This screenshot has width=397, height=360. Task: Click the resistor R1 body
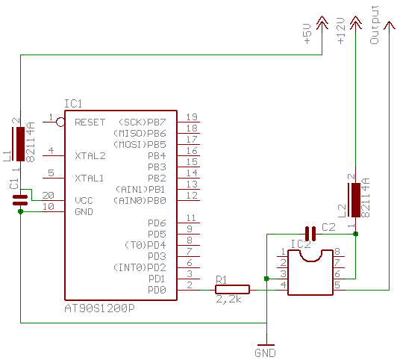pos(232,290)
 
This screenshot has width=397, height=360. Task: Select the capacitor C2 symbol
pos(310,234)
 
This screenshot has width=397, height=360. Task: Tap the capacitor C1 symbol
pos(20,200)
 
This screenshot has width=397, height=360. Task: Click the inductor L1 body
pos(20,144)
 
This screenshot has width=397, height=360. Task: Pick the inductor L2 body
pos(356,200)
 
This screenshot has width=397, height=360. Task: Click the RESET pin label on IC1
pos(90,122)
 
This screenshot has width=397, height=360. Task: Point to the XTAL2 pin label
pos(90,156)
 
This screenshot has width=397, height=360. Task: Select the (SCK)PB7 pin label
pos(143,122)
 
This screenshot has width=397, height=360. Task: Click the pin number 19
pos(192,117)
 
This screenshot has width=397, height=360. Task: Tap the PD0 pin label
pos(157,290)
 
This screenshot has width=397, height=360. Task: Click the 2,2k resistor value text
pos(228,300)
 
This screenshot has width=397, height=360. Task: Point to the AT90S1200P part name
pos(99,308)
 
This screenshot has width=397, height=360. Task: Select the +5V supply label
pos(307,34)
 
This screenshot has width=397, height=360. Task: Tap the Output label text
pos(375,25)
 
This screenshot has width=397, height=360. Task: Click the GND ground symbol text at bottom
pos(265,353)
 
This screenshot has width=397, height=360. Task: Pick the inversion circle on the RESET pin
pos(60,122)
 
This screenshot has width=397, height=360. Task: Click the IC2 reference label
pos(301,244)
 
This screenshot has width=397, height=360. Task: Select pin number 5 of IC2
pos(337,285)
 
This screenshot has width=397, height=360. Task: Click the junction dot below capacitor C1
pos(20,211)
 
